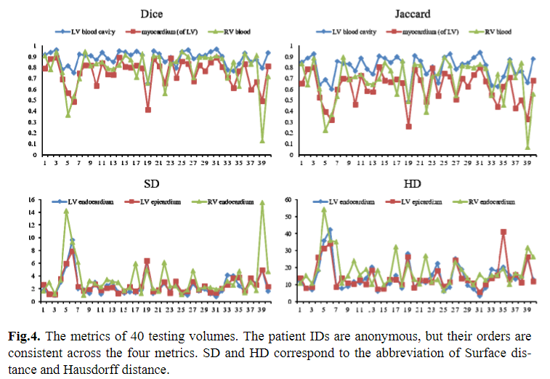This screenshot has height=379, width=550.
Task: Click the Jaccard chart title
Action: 412,13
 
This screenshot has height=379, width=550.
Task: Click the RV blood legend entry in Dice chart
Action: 216,32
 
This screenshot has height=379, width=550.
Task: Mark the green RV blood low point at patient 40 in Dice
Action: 262,140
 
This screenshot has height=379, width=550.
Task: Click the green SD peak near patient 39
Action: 262,203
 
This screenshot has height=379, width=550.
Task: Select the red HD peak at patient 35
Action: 504,231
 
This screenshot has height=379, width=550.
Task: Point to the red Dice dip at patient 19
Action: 148,110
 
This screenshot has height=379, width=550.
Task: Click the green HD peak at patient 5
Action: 324,210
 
